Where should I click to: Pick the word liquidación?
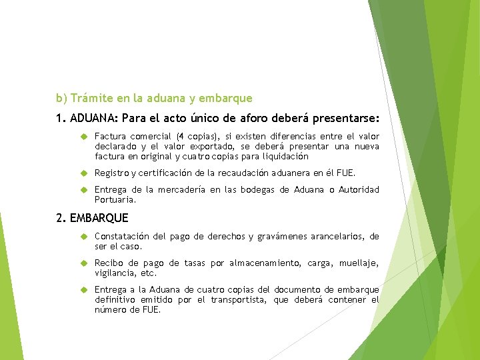pyautogui.click(x=283, y=157)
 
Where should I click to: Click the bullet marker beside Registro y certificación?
pyautogui.click(x=85, y=173)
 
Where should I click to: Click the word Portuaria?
pyautogui.click(x=115, y=199)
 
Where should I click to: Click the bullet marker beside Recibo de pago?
pyautogui.click(x=85, y=263)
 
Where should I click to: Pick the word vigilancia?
pyautogui.click(x=115, y=273)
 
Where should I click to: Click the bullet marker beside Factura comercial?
pyautogui.click(x=85, y=137)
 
